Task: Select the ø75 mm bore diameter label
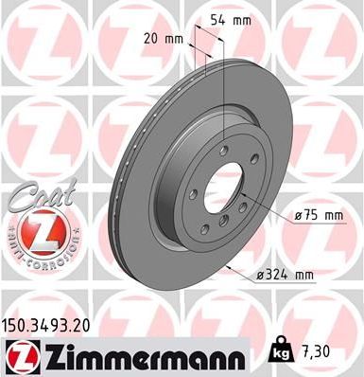pyautogui.click(x=320, y=216)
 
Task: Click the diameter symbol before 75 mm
pyautogui.click(x=298, y=216)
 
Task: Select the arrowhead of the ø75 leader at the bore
pyautogui.click(x=248, y=203)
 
